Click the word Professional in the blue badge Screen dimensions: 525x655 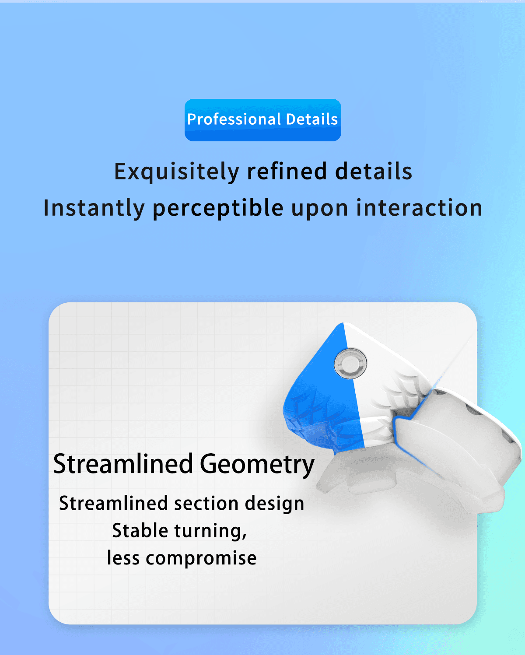[234, 119]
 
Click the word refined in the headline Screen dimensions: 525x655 [287, 171]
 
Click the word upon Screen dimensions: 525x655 [319, 210]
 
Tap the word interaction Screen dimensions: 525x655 [419, 207]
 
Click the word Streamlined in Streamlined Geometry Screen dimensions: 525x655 [123, 464]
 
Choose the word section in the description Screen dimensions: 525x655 [206, 504]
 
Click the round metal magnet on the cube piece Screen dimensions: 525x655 [350, 364]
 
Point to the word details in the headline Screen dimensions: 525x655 [374, 171]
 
